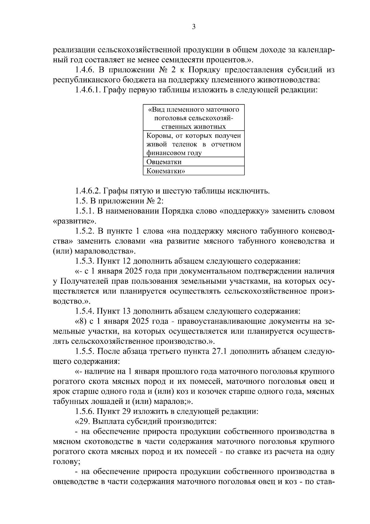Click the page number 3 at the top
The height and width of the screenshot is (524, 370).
coord(193,27)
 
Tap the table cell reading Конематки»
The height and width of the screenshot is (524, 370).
coord(166,171)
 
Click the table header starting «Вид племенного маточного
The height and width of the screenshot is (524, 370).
coord(194,118)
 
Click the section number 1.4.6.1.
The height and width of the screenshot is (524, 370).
coord(88,90)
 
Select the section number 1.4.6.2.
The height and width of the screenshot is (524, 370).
coord(88,191)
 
